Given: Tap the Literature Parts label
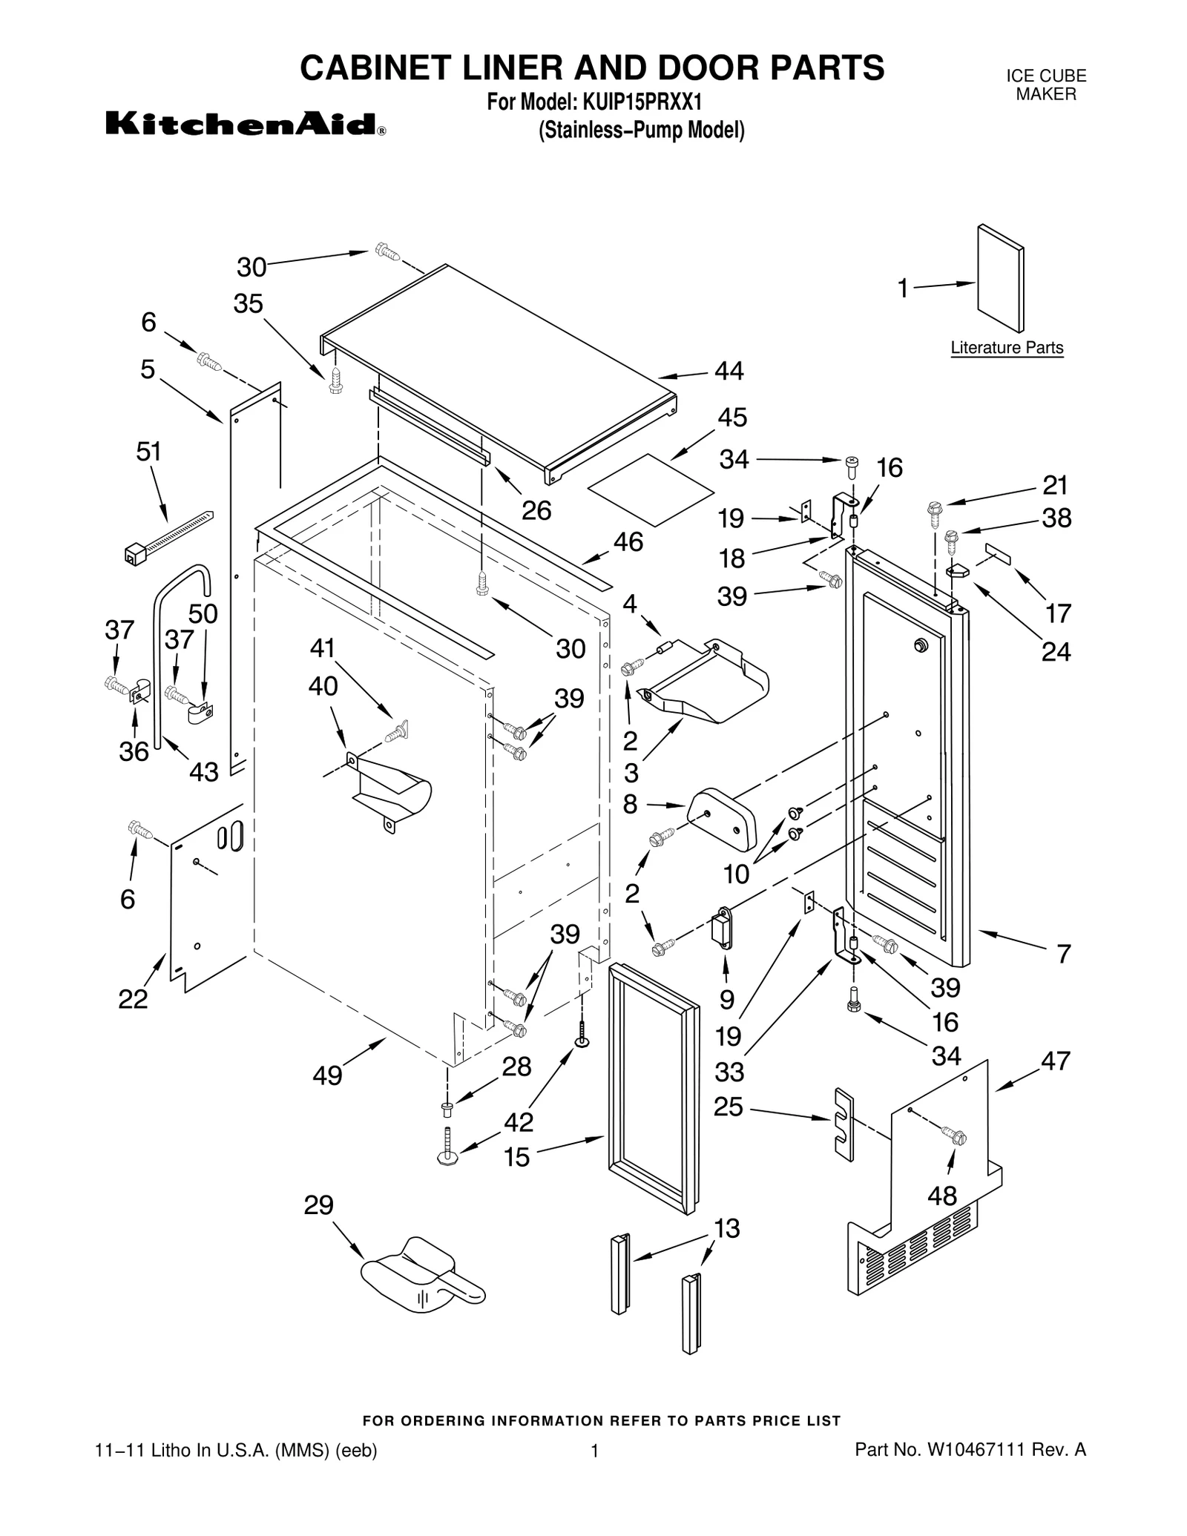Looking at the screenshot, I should pyautogui.click(x=1006, y=348).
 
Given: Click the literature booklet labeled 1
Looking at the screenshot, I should pyautogui.click(x=1000, y=278).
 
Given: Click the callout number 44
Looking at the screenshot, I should pyautogui.click(x=729, y=371).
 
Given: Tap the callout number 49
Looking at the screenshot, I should pyautogui.click(x=327, y=1075).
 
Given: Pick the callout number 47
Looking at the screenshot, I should pyautogui.click(x=1055, y=1061).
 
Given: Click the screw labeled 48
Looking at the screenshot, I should pyautogui.click(x=953, y=1135).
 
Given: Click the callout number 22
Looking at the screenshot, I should pyautogui.click(x=134, y=999).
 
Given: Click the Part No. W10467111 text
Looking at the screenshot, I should pyautogui.click(x=970, y=1449).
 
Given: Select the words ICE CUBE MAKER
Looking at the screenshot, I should pyautogui.click(x=1045, y=85).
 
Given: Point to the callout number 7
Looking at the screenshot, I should pyautogui.click(x=1063, y=953).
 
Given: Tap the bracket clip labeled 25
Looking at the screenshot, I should pyautogui.click(x=844, y=1124).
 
